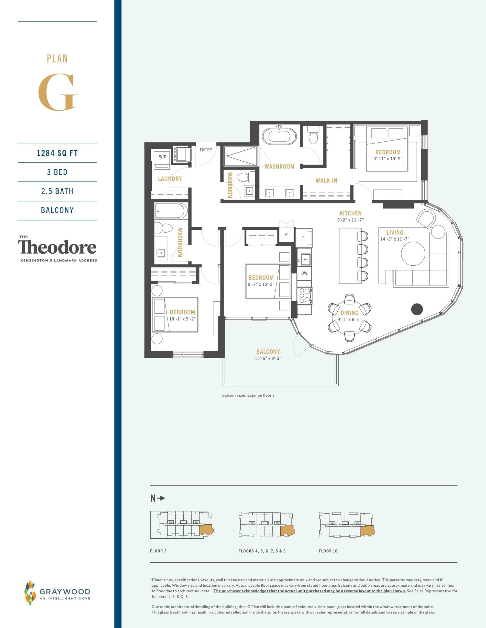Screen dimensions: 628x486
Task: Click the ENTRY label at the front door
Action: coord(206,150)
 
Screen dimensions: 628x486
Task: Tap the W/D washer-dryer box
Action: coord(163,157)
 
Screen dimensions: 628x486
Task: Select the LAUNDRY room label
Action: coord(170,179)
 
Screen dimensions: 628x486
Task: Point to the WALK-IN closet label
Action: coord(326,181)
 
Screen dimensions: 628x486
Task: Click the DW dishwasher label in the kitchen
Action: coord(304,273)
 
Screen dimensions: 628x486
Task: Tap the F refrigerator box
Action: coord(303,238)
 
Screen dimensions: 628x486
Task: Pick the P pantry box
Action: coord(286,235)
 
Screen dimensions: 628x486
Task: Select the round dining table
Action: coord(349,317)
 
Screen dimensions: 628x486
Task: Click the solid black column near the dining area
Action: coord(417,309)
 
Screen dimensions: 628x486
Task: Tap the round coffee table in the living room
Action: coord(413,254)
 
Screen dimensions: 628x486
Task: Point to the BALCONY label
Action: coord(268,352)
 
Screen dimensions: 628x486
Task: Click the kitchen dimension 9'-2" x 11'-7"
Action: coord(350,220)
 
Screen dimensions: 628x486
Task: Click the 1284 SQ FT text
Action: coord(57,153)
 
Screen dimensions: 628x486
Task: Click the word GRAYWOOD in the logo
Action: coord(65,591)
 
